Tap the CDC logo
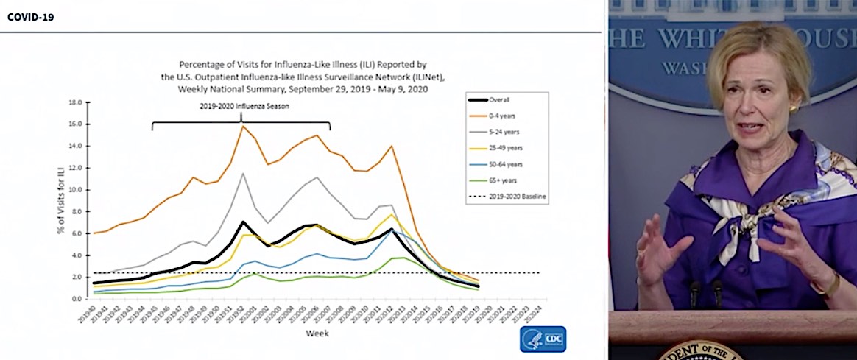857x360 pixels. click(x=543, y=339)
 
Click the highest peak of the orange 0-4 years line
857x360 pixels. click(x=243, y=126)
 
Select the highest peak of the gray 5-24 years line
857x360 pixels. click(x=243, y=174)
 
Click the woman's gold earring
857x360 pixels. click(x=794, y=109)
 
